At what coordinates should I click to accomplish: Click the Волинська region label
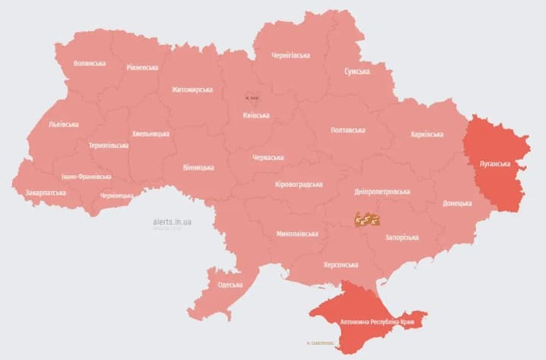point(89,64)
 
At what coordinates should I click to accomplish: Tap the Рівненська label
point(143,67)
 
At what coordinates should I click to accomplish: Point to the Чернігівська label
point(290,55)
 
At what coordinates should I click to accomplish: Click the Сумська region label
point(357,71)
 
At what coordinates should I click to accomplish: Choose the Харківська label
point(426,134)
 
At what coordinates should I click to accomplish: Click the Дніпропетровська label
point(382,192)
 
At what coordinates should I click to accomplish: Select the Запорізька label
point(402,238)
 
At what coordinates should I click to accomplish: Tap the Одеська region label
point(230,285)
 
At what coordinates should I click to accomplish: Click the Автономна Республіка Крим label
point(370,320)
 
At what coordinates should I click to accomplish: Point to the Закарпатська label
point(45,193)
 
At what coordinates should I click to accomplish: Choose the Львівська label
point(64,124)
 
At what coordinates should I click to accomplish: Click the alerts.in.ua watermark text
point(172,221)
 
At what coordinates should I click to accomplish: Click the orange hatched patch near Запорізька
point(367,219)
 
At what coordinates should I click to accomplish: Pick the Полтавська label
point(348,130)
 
